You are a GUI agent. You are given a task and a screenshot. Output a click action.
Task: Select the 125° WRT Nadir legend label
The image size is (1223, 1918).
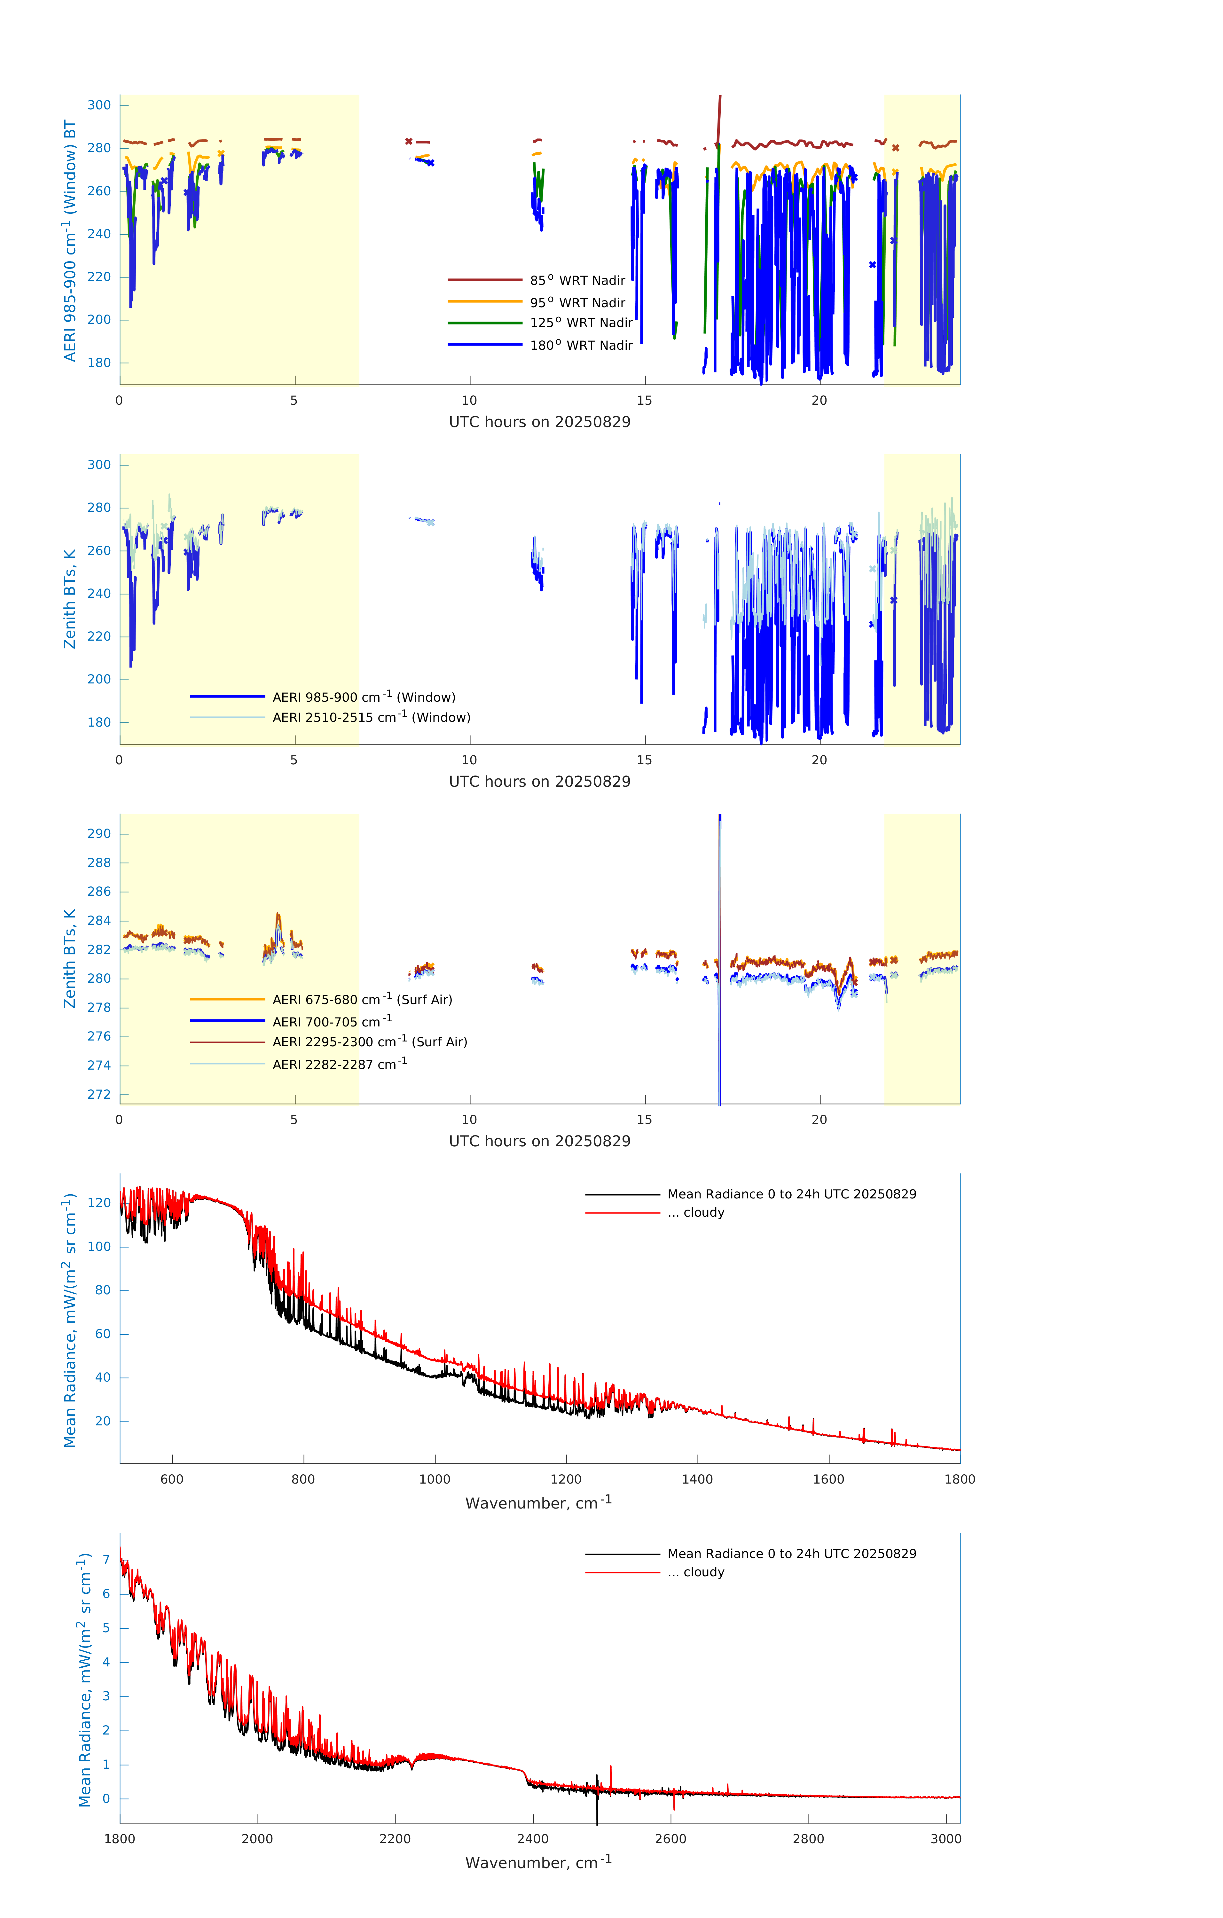(x=581, y=323)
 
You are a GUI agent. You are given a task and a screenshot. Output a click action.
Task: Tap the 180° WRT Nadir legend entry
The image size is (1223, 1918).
(x=581, y=345)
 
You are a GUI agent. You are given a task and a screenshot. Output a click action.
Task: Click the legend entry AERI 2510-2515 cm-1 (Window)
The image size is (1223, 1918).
(x=371, y=717)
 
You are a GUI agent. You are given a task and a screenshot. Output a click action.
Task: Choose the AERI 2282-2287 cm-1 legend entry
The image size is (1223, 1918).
(x=340, y=1064)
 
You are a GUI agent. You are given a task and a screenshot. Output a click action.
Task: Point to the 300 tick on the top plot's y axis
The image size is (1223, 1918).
(x=99, y=105)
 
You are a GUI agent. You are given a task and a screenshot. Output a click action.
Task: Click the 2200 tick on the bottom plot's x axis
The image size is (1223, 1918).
(x=395, y=1838)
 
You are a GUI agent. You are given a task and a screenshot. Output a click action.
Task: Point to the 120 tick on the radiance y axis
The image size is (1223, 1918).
(x=99, y=1203)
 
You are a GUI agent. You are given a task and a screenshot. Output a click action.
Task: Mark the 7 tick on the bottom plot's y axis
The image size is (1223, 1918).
(x=106, y=1560)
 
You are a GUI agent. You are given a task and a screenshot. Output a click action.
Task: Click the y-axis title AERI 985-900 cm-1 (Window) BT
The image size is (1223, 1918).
(x=70, y=240)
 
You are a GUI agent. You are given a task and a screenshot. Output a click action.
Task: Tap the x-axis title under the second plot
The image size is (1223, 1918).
(x=539, y=781)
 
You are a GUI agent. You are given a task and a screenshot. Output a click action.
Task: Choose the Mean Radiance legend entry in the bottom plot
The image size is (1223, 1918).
(x=791, y=1553)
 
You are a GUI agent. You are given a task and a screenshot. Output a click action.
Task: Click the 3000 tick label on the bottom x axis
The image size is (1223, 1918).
(x=946, y=1838)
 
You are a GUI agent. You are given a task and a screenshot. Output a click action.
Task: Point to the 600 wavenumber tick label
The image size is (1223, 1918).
(x=172, y=1479)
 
